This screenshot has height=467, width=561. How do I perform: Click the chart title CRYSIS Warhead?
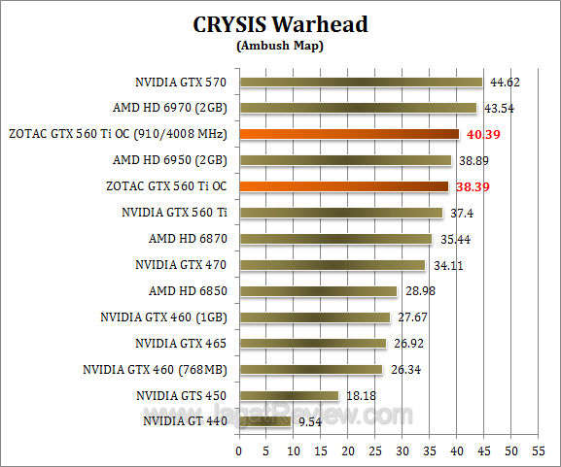pyautogui.click(x=280, y=24)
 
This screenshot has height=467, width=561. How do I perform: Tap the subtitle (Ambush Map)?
pyautogui.click(x=280, y=45)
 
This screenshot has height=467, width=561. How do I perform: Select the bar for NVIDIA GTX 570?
pyautogui.click(x=361, y=83)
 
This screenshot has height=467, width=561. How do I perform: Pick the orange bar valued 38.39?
pyautogui.click(x=343, y=186)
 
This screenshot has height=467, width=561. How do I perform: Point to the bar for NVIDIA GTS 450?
pyautogui.click(x=289, y=395)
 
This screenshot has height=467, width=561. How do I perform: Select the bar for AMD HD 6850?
pyautogui.click(x=318, y=290)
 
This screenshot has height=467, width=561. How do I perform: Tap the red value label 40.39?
pyautogui.click(x=481, y=134)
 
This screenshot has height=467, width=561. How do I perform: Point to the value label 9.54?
pyautogui.click(x=308, y=421)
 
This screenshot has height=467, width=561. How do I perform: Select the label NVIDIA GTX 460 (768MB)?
pyautogui.click(x=156, y=369)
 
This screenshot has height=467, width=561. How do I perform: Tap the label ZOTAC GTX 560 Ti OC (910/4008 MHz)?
pyautogui.click(x=118, y=134)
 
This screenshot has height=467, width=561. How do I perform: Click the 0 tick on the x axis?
pyautogui.click(x=239, y=451)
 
